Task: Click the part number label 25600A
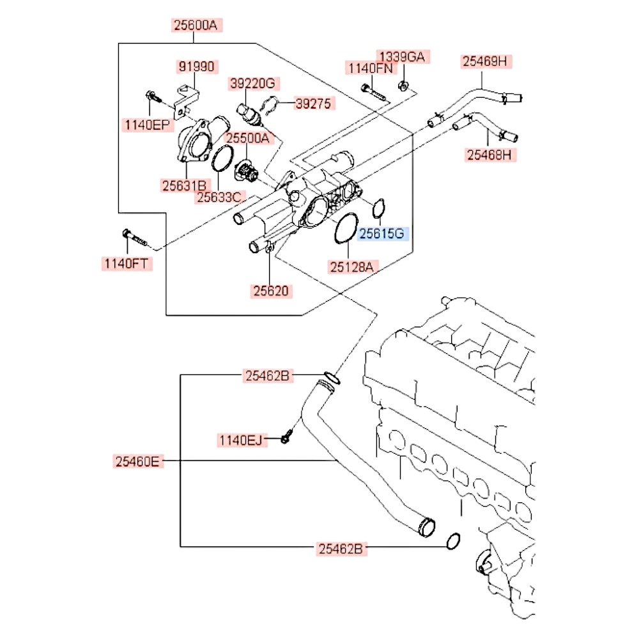click(x=196, y=26)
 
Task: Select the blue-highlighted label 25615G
click(x=382, y=233)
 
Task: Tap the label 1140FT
click(x=127, y=263)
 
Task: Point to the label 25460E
click(x=138, y=461)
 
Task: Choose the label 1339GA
click(x=402, y=57)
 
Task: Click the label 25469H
click(x=485, y=61)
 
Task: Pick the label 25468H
click(x=490, y=155)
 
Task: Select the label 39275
click(x=314, y=104)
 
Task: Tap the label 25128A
click(x=352, y=267)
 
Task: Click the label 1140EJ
click(x=242, y=440)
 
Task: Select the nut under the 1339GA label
click(x=403, y=86)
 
